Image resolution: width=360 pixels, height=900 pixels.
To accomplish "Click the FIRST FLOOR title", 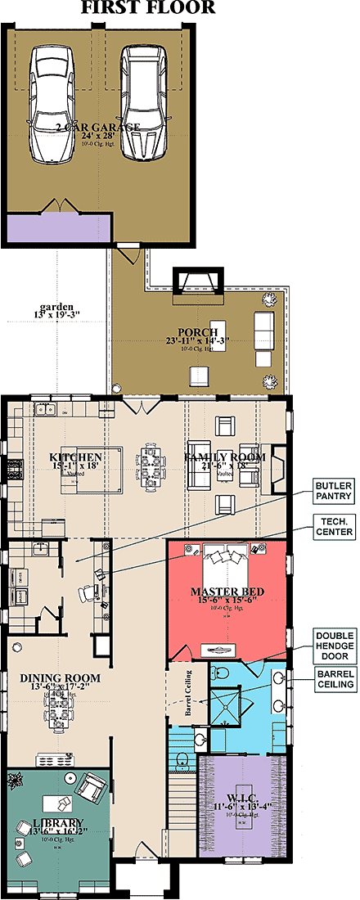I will (148, 9).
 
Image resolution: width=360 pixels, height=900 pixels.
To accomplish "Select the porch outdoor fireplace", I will (200, 283).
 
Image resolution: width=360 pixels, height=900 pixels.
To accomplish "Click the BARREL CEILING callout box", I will (334, 679).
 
